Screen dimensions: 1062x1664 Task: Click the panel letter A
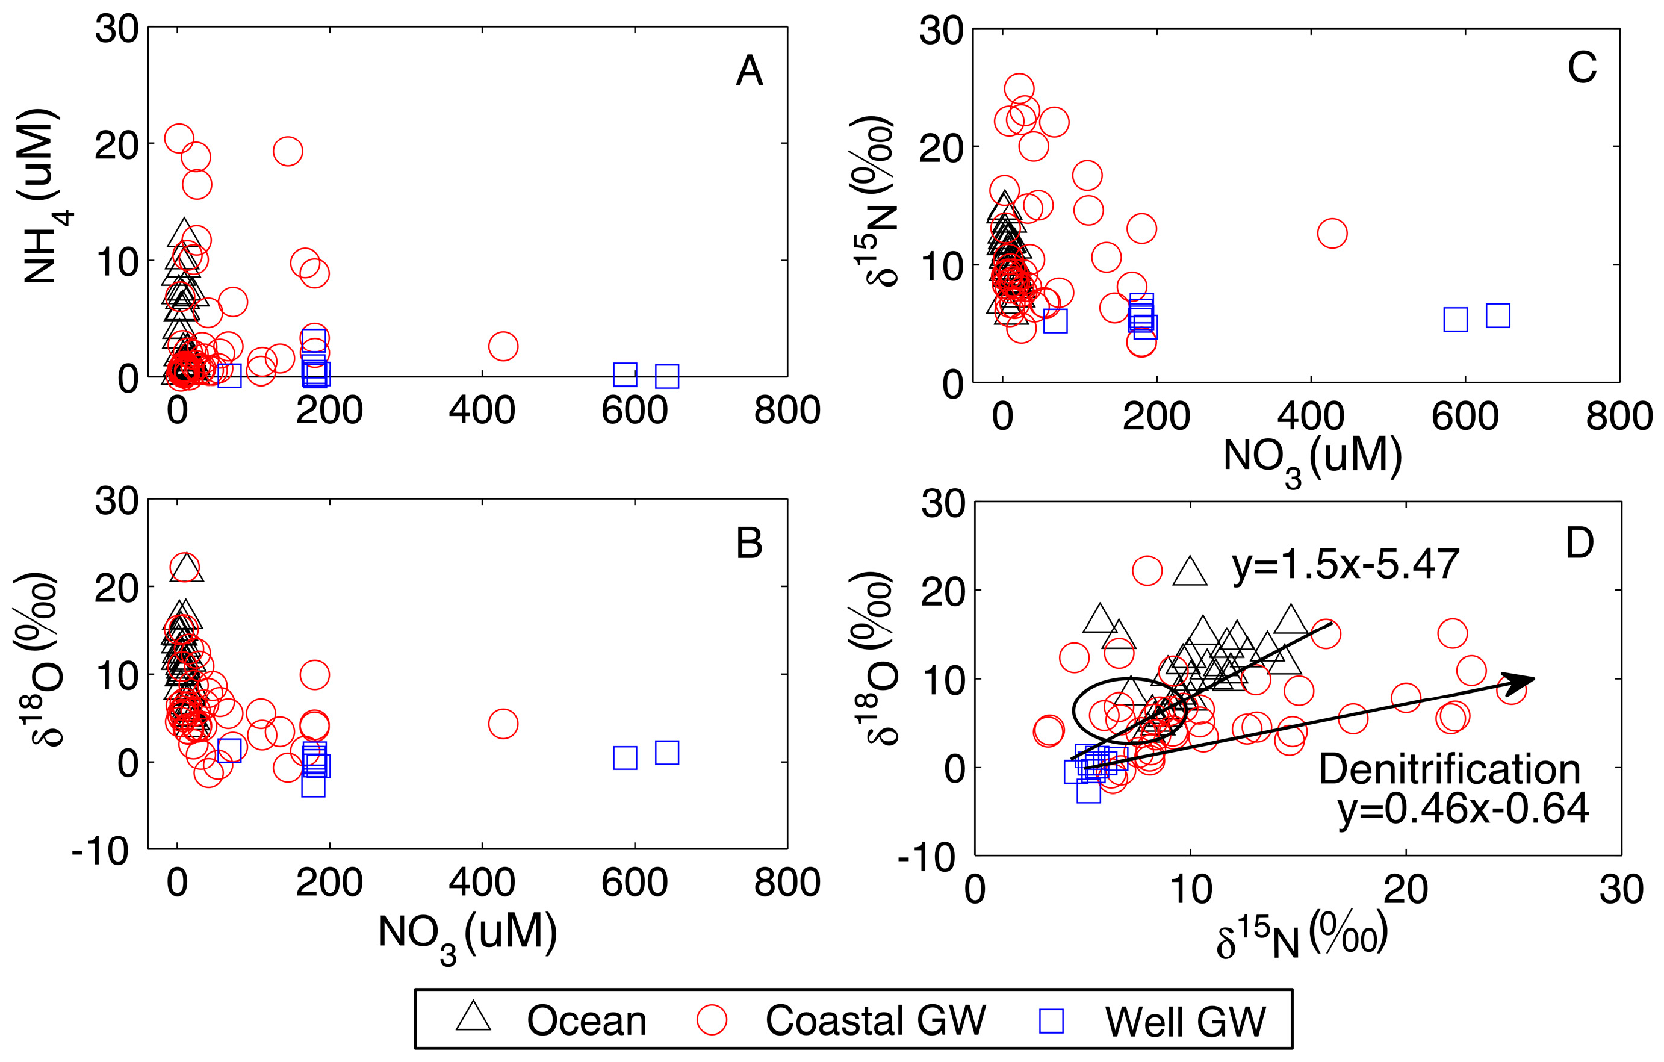[x=749, y=71]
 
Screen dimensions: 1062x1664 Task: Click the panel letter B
[x=749, y=543]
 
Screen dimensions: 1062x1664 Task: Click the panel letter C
[x=1582, y=67]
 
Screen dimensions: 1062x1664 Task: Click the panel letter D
[x=1579, y=543]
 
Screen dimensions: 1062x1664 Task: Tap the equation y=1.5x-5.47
[x=1345, y=565]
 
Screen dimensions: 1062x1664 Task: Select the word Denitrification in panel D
[x=1449, y=769]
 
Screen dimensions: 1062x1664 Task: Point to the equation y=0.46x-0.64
[x=1463, y=809]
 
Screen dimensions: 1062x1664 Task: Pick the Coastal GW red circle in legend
[x=712, y=1020]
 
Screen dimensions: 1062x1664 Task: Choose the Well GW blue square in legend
[x=1052, y=1020]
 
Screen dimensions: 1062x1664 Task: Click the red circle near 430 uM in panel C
[x=1332, y=234]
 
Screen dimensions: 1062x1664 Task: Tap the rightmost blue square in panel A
[x=667, y=376]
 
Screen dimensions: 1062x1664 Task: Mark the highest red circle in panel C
[x=1019, y=88]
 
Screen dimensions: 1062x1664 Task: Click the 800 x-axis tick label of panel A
[x=786, y=411]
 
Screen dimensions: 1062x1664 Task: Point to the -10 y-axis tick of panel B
[x=100, y=851]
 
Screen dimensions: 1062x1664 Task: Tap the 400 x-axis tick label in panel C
[x=1310, y=417]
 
